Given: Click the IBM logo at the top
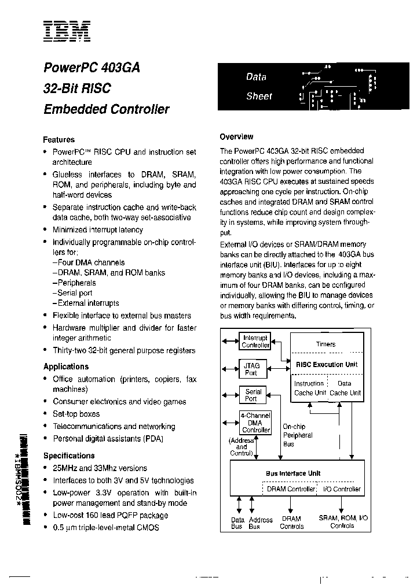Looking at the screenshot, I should pos(66,32).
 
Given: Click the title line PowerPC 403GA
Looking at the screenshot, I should pos(92,67).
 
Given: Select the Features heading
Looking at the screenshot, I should pos(59,140).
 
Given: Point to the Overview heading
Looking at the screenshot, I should pos(236,137).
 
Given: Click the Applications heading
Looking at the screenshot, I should pos(66,366).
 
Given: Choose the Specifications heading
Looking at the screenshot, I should pos(69,456).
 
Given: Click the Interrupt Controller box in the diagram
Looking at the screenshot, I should pos(255,342).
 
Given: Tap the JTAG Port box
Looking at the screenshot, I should pos(251,369).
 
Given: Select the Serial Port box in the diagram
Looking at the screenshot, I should pos(253,395).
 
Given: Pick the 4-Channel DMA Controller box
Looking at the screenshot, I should pos(255,422).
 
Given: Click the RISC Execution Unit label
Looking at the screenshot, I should pos(327,365).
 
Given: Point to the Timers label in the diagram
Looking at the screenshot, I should pos(325,345).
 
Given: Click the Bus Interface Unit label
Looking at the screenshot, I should pos(293,473).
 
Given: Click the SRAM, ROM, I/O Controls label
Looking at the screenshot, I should pos(343,522).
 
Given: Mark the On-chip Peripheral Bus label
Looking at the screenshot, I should pos(297,435).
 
